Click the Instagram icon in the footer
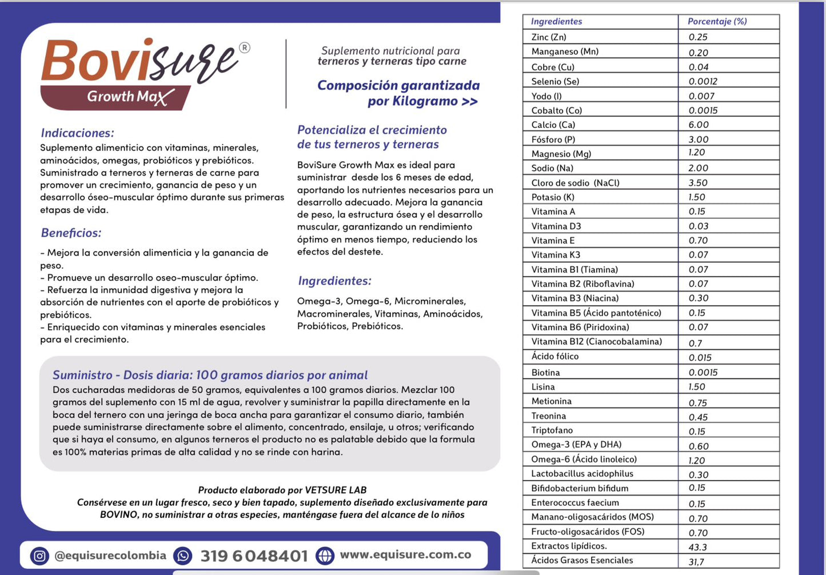click(39, 556)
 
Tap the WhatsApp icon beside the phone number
click(183, 556)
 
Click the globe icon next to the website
click(325, 555)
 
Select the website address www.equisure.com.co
click(405, 554)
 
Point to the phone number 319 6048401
click(254, 556)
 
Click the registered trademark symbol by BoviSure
click(244, 47)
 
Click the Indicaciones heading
click(77, 133)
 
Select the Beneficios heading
click(71, 233)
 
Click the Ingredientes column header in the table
click(556, 22)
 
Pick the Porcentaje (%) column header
click(717, 22)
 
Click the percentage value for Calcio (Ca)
click(699, 125)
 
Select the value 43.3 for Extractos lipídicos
click(697, 547)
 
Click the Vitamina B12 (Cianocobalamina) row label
click(596, 342)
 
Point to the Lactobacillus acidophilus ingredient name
click(582, 473)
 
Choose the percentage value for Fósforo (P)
click(699, 139)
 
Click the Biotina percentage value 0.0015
click(703, 372)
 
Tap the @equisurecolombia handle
click(110, 556)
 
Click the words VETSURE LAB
click(336, 490)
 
